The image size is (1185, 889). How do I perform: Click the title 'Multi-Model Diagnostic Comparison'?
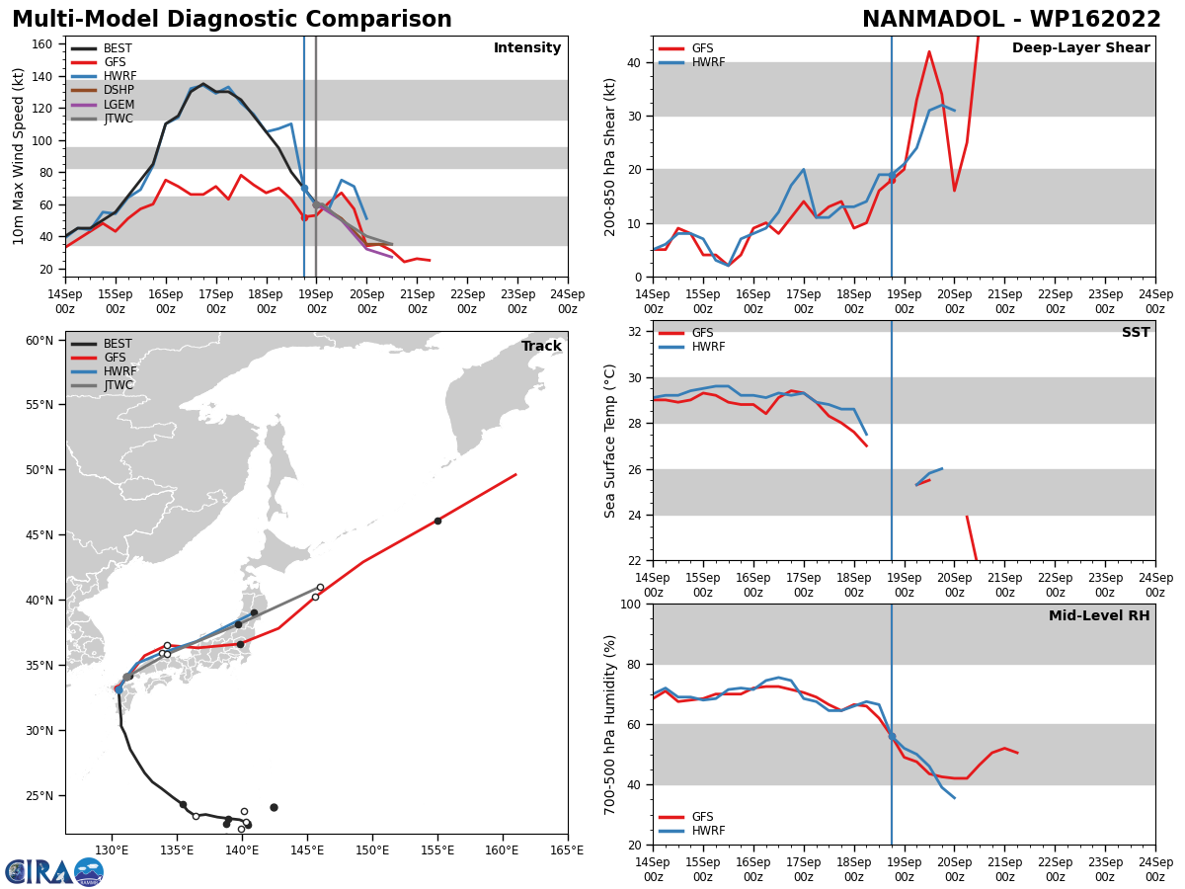(232, 20)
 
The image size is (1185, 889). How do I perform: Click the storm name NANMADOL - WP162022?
(1011, 20)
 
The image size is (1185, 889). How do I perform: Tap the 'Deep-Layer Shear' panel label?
(1080, 48)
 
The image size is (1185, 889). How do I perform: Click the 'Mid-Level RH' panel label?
(1099, 616)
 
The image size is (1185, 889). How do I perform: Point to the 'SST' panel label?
(1136, 333)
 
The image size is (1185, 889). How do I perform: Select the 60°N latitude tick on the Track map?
(39, 341)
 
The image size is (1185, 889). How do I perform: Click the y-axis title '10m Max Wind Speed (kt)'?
(20, 156)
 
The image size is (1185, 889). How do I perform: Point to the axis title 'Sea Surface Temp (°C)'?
(611, 441)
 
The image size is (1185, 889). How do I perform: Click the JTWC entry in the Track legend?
(118, 385)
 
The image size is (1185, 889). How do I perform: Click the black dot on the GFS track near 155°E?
(437, 521)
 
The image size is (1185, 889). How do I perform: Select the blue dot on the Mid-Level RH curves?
(892, 736)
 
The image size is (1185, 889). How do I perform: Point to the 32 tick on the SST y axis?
(635, 332)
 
